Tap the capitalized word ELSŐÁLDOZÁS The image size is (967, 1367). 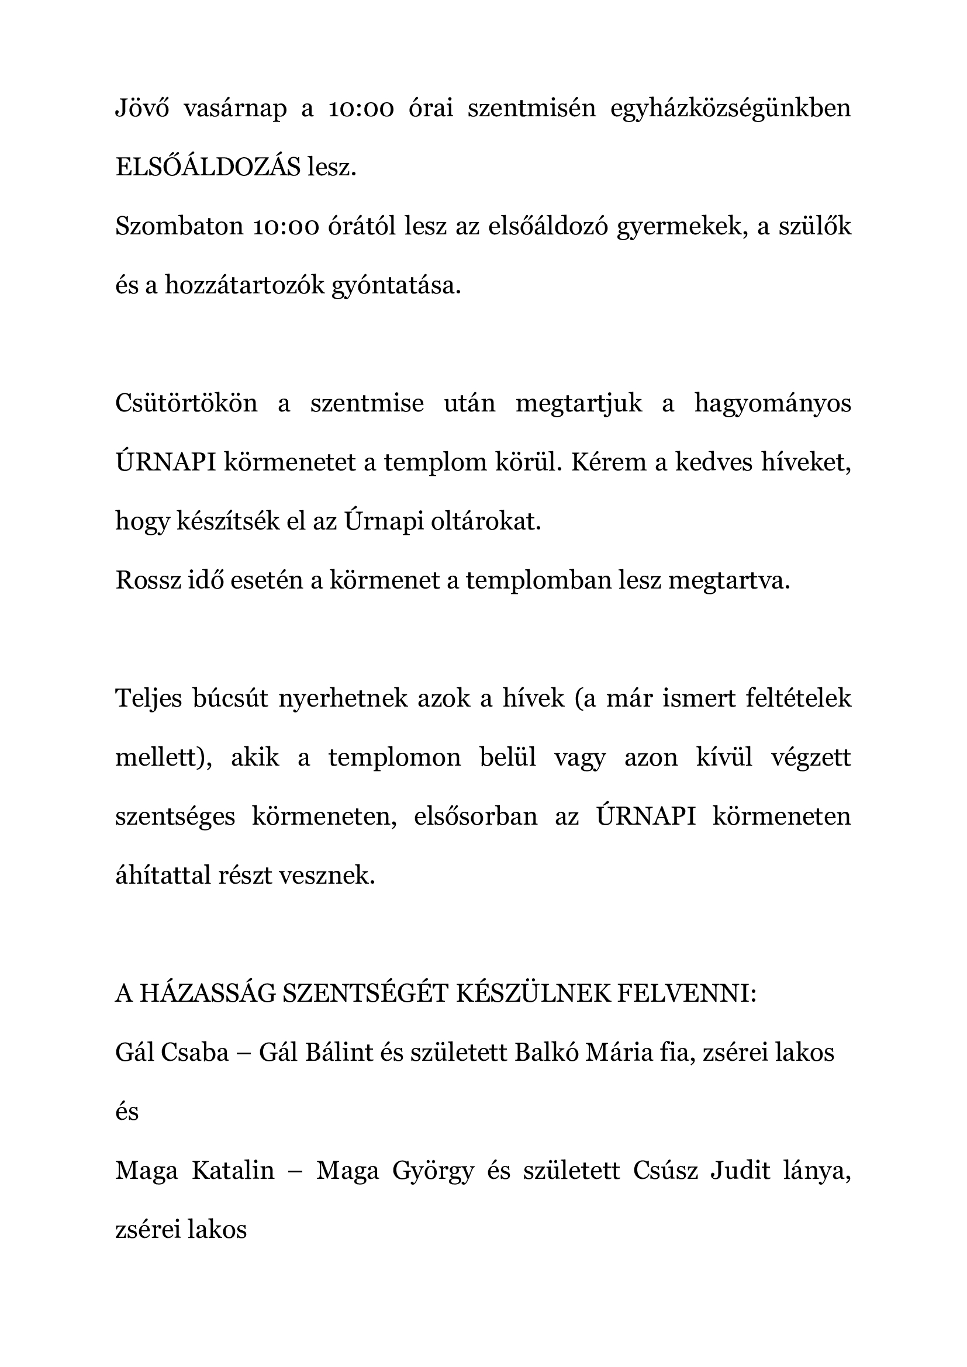click(208, 168)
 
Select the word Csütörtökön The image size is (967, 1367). click(186, 403)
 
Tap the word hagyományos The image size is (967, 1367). click(772, 404)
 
